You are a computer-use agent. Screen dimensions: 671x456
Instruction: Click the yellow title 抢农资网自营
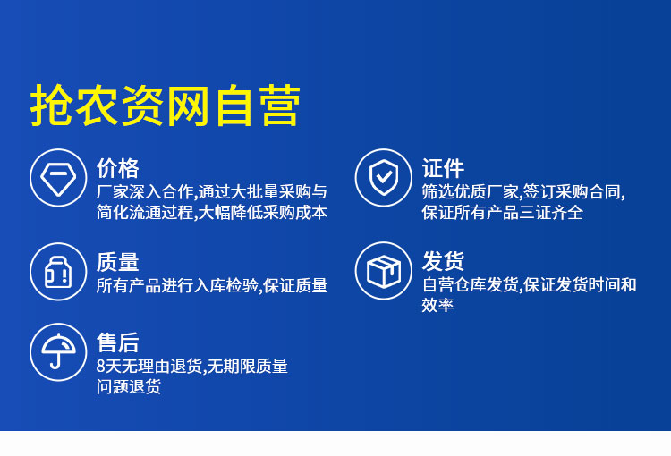(x=166, y=106)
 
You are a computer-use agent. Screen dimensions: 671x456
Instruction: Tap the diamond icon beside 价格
(x=58, y=178)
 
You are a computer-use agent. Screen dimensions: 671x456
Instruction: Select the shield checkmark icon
(x=384, y=178)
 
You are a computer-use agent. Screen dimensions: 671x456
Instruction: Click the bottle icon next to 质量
(x=58, y=272)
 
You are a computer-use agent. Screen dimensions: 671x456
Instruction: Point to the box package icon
(x=384, y=271)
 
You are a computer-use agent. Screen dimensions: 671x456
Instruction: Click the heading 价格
(x=118, y=168)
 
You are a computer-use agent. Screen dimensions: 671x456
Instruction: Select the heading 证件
(x=443, y=168)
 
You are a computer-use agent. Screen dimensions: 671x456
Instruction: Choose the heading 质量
(x=118, y=262)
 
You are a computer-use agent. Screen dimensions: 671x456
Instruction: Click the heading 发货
(x=443, y=261)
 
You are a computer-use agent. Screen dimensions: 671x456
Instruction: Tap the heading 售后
(x=118, y=342)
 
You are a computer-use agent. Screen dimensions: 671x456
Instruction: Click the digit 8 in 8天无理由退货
(x=100, y=367)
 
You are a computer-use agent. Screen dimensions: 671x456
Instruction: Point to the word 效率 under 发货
(x=437, y=305)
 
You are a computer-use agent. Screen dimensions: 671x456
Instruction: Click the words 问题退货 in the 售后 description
(x=128, y=386)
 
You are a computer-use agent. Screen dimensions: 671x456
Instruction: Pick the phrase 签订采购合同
(x=572, y=192)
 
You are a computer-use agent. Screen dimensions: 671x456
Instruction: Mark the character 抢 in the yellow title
(x=51, y=106)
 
